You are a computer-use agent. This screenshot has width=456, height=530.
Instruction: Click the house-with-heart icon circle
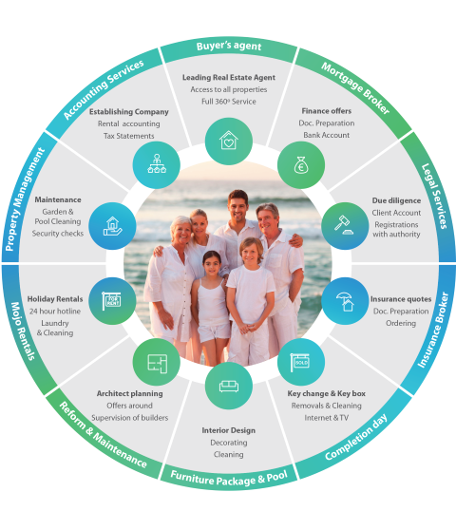click(229, 141)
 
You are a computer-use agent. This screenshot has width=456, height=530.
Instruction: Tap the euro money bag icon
click(301, 165)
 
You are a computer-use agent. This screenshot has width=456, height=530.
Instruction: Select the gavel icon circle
click(345, 226)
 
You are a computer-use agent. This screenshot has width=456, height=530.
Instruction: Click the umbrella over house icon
click(345, 301)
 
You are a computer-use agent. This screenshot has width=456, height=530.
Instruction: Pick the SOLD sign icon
click(300, 362)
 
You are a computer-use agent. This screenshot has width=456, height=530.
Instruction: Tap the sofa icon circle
click(229, 386)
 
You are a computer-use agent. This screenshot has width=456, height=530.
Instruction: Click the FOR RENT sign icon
click(111, 300)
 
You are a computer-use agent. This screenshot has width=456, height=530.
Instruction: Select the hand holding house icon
click(112, 226)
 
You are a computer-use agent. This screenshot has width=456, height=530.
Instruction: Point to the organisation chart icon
click(157, 164)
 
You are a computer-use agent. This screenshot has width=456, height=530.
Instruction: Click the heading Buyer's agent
click(229, 47)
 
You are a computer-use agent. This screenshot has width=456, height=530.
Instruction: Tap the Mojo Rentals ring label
click(23, 331)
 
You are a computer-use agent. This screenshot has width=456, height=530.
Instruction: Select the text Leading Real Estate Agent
click(229, 77)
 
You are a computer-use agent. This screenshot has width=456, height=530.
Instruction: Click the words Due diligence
click(396, 200)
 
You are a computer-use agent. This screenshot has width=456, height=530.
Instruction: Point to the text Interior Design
click(229, 430)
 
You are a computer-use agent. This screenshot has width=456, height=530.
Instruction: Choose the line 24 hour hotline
click(55, 311)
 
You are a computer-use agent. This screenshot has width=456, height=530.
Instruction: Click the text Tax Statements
click(129, 136)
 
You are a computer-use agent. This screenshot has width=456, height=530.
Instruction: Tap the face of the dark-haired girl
click(212, 265)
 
